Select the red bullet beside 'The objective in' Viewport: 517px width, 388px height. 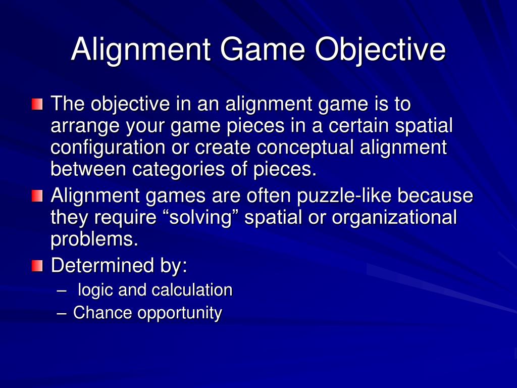37,105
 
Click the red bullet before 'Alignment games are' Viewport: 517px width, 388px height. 37,196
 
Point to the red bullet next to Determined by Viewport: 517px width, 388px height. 37,266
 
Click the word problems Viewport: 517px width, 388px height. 94,239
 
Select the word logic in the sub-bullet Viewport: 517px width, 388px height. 96,290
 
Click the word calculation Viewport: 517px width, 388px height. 192,290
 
